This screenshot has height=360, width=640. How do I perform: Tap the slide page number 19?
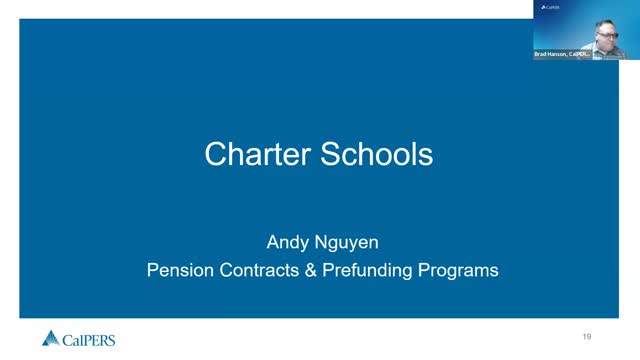tap(587, 335)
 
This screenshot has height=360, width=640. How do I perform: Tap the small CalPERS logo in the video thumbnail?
tap(550, 7)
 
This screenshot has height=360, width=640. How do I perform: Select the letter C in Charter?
tap(215, 154)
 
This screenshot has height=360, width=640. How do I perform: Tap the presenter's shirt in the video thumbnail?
tap(606, 50)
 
